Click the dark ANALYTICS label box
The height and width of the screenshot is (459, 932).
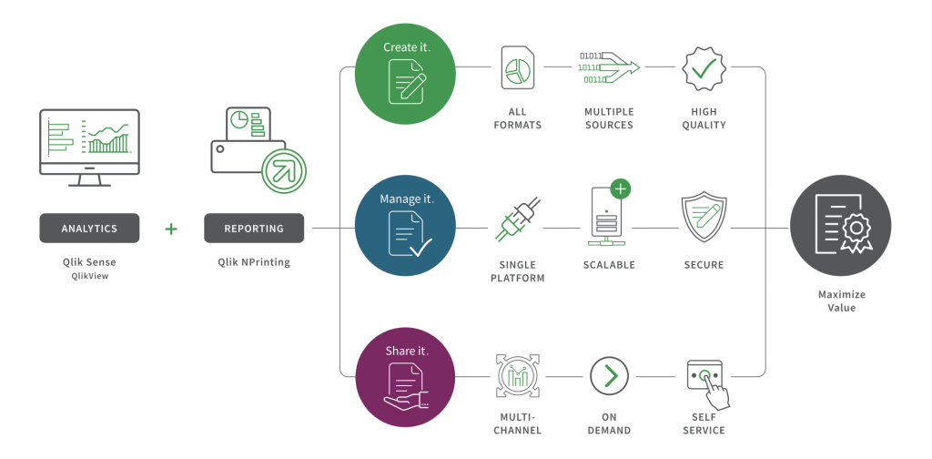(x=89, y=229)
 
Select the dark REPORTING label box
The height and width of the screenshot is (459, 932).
(x=253, y=229)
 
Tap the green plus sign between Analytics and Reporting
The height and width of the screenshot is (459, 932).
(x=171, y=229)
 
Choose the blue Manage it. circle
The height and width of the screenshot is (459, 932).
(x=405, y=225)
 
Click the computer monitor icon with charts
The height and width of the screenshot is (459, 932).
(x=89, y=146)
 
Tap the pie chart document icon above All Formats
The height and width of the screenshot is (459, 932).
(x=517, y=69)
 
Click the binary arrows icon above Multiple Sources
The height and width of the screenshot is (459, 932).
(x=608, y=67)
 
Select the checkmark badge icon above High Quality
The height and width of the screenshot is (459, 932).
(x=703, y=68)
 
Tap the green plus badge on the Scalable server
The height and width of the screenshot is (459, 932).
(x=622, y=189)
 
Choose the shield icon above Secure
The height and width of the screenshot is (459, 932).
(x=703, y=217)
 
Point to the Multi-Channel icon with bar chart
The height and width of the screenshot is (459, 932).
(x=517, y=375)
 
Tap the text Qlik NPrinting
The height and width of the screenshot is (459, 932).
(x=254, y=262)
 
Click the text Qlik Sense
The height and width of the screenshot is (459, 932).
(x=89, y=262)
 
